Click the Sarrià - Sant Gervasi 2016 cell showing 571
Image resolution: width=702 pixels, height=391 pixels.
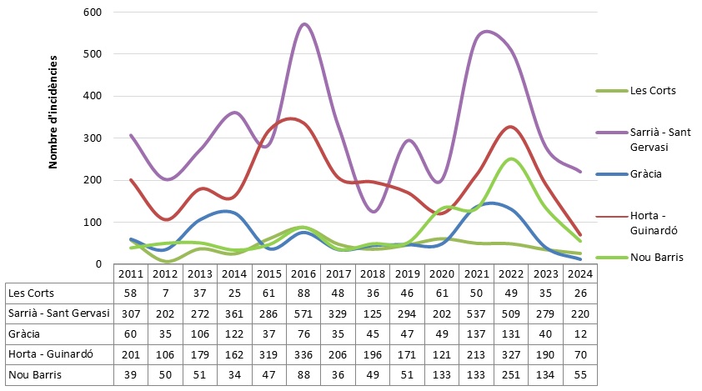pyautogui.click(x=302, y=313)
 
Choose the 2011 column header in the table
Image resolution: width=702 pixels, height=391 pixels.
pyautogui.click(x=129, y=273)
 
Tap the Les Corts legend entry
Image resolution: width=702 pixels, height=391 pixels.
pyautogui.click(x=652, y=90)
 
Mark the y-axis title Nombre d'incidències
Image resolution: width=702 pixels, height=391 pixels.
pyautogui.click(x=53, y=113)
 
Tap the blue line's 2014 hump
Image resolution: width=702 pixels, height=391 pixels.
pyautogui.click(x=230, y=212)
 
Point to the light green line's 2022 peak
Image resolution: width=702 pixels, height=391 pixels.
pyautogui.click(x=511, y=158)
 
